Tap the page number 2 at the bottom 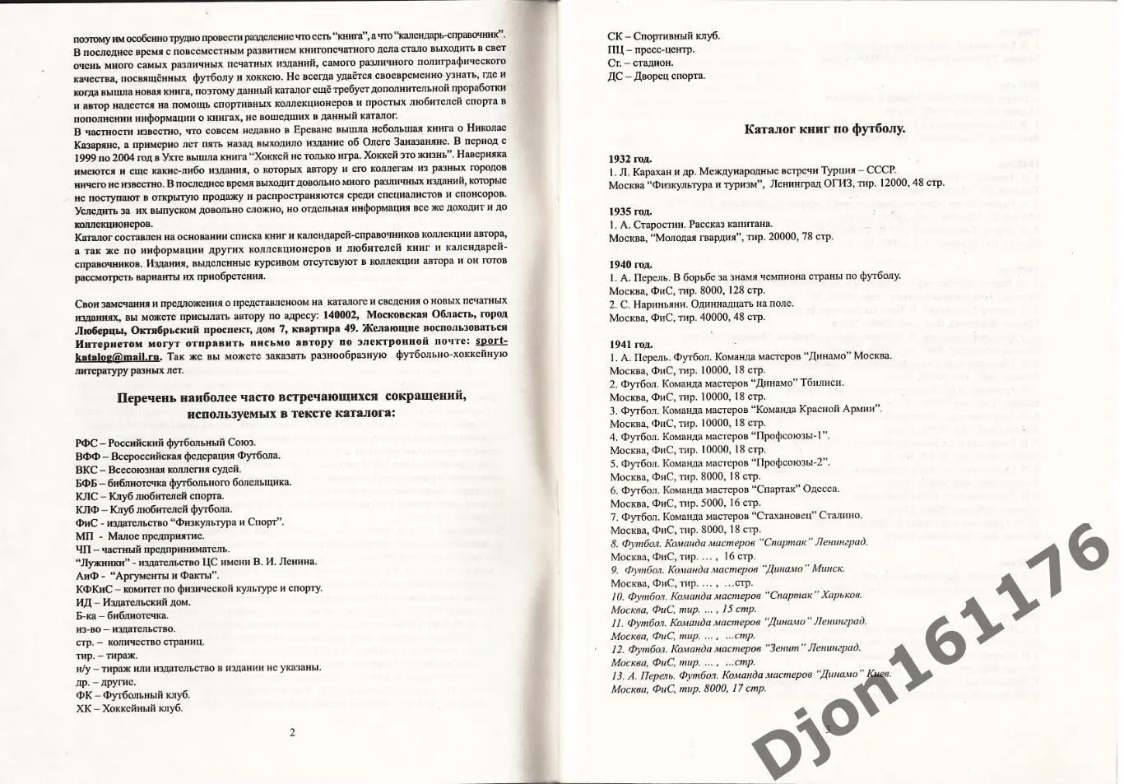pyautogui.click(x=291, y=731)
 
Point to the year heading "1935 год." pyautogui.click(x=630, y=211)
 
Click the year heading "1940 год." pyautogui.click(x=630, y=263)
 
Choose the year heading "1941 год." pyautogui.click(x=630, y=344)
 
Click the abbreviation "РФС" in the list pyautogui.click(x=86, y=443)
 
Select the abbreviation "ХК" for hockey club pyautogui.click(x=82, y=708)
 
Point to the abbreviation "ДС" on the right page pyautogui.click(x=615, y=76)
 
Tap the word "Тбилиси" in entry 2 pyautogui.click(x=824, y=383)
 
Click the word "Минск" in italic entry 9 pyautogui.click(x=828, y=568)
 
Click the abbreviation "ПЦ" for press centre pyautogui.click(x=616, y=49)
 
